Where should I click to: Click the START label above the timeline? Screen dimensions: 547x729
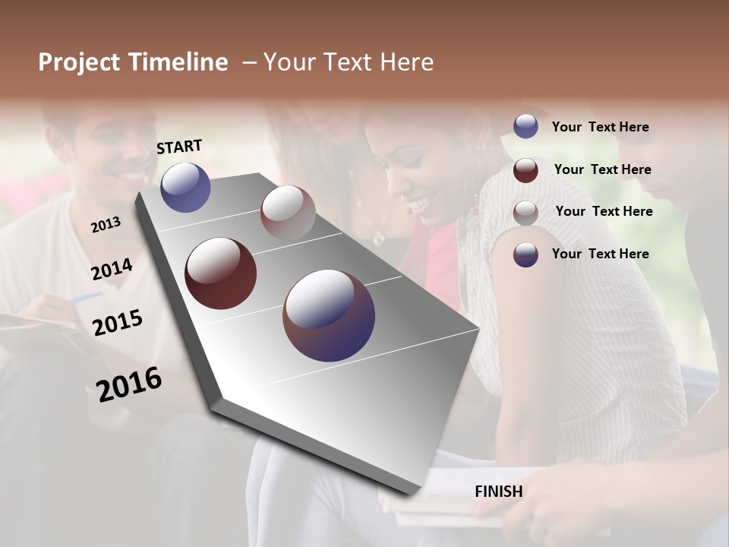coord(179,147)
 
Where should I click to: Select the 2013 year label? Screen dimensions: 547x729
coord(106,225)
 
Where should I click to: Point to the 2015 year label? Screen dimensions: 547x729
coord(118,322)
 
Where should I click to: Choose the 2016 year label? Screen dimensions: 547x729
coord(129,384)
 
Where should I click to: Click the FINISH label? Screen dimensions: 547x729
coord(499,492)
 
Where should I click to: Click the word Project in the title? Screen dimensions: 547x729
coord(80,62)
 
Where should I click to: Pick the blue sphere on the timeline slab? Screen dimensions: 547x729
coord(185,187)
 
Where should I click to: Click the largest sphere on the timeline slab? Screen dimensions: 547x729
coord(329,316)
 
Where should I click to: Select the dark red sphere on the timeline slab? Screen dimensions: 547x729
coord(220,273)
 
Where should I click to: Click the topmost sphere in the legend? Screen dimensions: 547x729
coord(525,126)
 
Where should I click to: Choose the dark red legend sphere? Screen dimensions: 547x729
coord(525,169)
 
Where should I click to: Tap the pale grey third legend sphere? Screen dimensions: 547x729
coord(525,212)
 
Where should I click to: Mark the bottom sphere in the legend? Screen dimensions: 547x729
coord(525,255)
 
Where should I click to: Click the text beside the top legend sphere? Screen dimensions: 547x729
coord(600,128)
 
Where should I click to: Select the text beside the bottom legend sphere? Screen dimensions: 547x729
coord(600,254)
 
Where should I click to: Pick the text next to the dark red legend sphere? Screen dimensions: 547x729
coord(602,169)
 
